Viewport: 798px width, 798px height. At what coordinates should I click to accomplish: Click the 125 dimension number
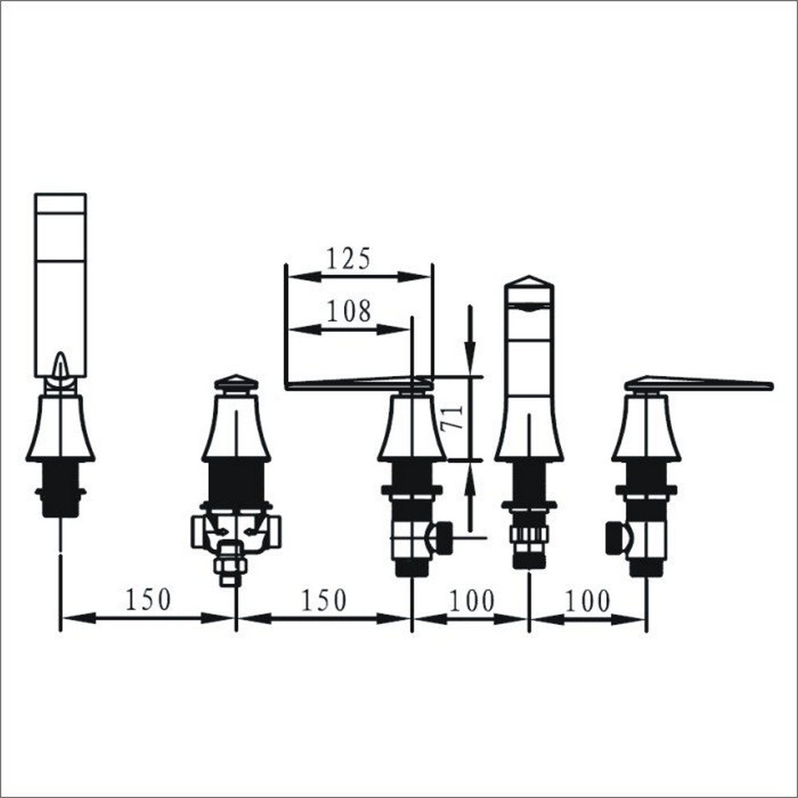348,259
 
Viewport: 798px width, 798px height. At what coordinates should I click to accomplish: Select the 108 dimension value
349,310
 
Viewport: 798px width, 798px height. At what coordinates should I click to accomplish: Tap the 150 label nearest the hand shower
148,600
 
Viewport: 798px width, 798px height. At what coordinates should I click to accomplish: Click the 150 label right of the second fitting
324,600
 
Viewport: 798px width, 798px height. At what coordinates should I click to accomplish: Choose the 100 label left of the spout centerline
472,601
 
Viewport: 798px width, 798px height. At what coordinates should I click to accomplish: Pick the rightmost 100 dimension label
587,601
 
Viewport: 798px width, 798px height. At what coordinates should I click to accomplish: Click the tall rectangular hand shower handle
60,285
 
